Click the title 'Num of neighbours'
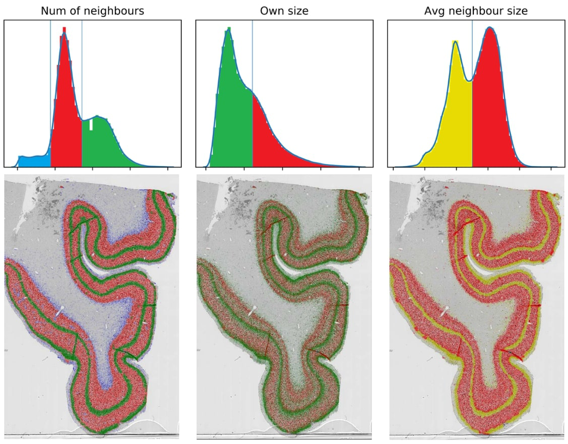(x=92, y=11)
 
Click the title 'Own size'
(x=284, y=11)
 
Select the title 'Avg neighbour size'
(x=476, y=11)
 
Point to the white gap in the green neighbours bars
(x=91, y=125)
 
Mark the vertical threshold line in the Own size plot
(x=253, y=93)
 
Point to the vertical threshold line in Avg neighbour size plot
(x=472, y=93)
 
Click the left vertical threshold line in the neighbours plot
(x=51, y=93)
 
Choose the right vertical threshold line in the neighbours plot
(x=82, y=93)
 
